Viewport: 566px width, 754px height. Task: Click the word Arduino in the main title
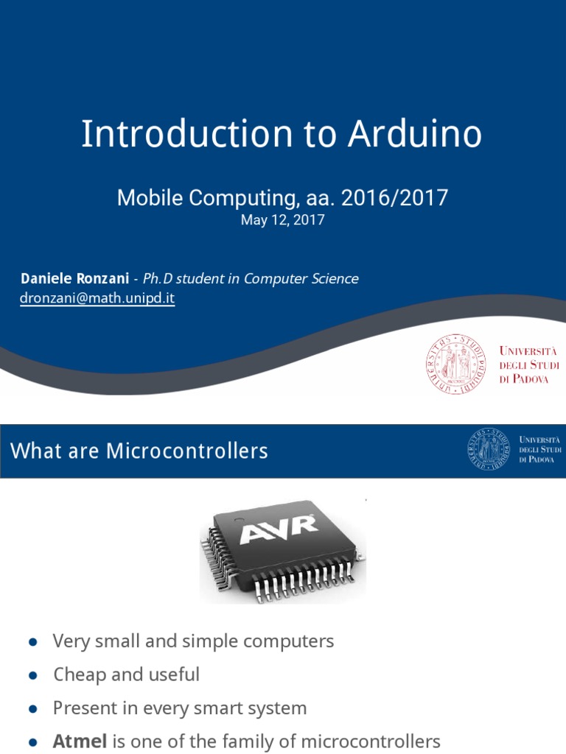(415, 135)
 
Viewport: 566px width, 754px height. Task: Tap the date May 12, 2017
(282, 220)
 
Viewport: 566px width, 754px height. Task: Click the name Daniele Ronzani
(71, 279)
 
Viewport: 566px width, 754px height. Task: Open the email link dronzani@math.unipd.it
(97, 299)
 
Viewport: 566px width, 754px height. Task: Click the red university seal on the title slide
(455, 362)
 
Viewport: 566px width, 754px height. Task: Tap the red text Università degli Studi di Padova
(528, 364)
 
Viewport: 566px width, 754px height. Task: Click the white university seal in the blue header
(489, 449)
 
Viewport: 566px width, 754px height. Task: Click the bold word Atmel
(80, 741)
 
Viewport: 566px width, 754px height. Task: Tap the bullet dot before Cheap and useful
(32, 675)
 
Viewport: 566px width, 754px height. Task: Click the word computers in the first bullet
(285, 641)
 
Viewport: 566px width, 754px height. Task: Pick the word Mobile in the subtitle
(149, 197)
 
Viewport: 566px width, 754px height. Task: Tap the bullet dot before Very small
(32, 642)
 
